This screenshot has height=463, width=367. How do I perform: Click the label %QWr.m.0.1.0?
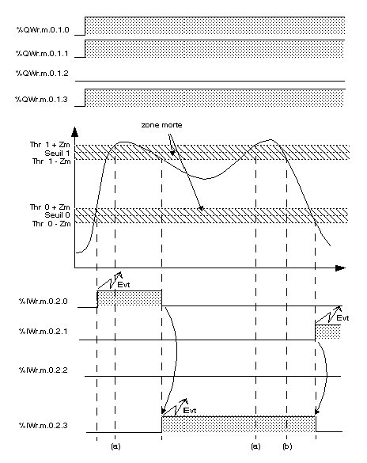click(43, 30)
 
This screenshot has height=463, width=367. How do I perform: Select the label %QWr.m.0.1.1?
click(42, 54)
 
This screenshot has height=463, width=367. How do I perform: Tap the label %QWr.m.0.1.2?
click(42, 74)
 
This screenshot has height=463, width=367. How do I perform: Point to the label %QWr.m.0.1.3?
click(41, 100)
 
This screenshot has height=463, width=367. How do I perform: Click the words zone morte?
click(161, 125)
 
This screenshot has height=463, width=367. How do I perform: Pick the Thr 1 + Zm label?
click(50, 145)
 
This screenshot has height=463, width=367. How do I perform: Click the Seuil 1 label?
click(57, 154)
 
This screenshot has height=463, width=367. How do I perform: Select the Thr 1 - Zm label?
click(51, 161)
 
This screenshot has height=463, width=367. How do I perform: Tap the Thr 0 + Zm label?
click(50, 207)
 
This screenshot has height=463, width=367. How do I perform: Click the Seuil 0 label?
click(57, 215)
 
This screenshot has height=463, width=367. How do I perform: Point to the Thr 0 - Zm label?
click(51, 224)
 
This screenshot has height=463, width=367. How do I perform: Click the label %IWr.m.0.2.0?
click(44, 302)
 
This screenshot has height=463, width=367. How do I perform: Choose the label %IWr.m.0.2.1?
click(44, 332)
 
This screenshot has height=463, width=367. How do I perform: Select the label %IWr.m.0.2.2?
click(44, 370)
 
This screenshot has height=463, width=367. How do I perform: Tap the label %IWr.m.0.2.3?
click(44, 426)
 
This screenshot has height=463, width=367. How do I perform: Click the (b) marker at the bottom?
click(287, 446)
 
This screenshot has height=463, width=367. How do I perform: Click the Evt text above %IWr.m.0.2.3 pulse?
click(190, 411)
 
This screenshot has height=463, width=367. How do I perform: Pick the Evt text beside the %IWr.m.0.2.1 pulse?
click(342, 318)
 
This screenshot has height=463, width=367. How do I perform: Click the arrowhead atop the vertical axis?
click(75, 131)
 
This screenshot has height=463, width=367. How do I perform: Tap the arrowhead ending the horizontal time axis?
click(340, 268)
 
